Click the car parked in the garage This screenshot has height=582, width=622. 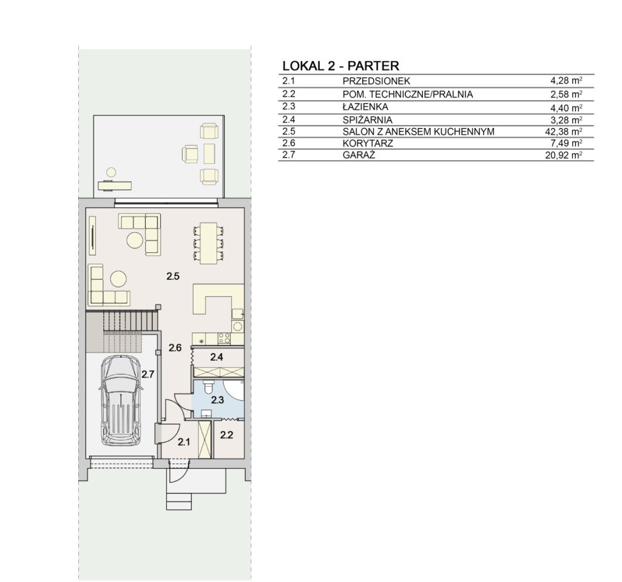tap(121, 401)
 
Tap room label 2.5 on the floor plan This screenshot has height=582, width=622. tap(173, 276)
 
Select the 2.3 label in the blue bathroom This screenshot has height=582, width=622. tap(217, 400)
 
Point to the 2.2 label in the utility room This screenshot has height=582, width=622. tap(226, 435)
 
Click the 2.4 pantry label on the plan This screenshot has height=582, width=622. tap(216, 357)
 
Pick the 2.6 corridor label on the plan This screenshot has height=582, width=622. tap(175, 348)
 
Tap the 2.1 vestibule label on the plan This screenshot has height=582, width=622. tap(184, 442)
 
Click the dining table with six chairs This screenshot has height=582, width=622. tap(208, 243)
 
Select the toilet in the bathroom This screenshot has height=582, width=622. tap(209, 386)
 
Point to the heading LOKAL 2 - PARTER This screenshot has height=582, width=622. tap(341, 65)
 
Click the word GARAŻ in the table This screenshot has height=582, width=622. tap(359, 155)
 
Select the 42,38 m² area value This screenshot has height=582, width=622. tap(564, 132)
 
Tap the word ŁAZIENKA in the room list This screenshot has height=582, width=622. tap(365, 107)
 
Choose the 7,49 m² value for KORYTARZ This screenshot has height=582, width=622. tap(566, 143)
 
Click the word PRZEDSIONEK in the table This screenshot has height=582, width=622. tap(376, 81)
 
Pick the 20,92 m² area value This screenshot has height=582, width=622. tap(564, 155)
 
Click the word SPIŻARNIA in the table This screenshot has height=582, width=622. tap(367, 119)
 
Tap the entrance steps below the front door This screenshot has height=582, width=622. tap(179, 501)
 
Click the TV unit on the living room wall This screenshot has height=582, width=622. tap(92, 235)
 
